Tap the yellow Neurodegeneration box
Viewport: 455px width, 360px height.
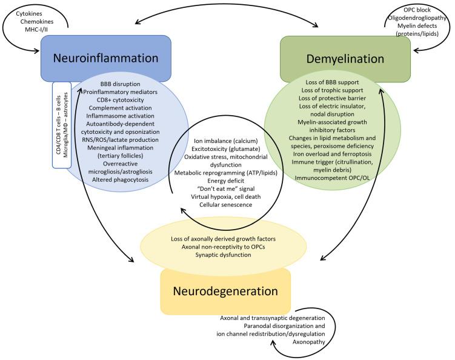tap(225, 290)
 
